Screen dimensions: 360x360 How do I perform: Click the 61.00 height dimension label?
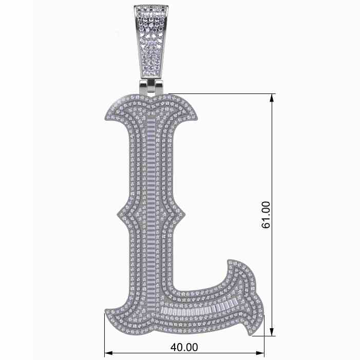pos(266,215)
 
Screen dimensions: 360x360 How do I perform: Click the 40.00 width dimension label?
pos(184,347)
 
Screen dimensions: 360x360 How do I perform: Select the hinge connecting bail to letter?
pos(151,87)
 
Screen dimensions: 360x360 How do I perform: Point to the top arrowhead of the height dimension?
pos(272,98)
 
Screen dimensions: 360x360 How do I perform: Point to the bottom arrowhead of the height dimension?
pos(272,332)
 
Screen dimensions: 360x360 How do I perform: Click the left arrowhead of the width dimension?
pos(108,353)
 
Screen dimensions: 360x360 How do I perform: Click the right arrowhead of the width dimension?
pos(260,353)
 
